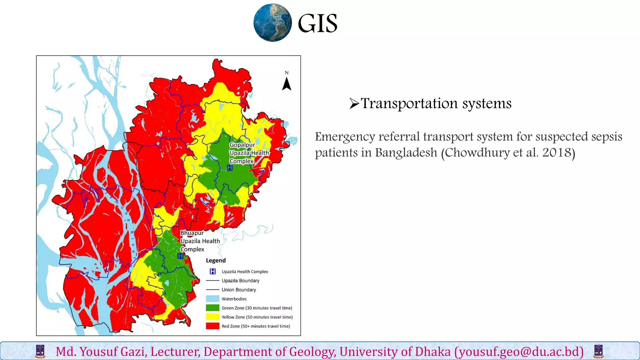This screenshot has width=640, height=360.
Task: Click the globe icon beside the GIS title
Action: click(x=272, y=23)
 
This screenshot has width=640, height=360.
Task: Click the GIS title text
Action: click(x=317, y=23)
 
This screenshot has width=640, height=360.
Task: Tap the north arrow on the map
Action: click(x=287, y=84)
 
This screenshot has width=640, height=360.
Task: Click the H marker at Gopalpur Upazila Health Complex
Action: click(x=230, y=168)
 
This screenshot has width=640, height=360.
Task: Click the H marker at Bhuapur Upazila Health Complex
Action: click(x=181, y=256)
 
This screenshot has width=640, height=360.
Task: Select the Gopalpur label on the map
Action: click(x=242, y=145)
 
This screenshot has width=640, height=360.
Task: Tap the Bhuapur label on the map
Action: click(x=192, y=233)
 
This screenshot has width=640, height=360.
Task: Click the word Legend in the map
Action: click(x=216, y=260)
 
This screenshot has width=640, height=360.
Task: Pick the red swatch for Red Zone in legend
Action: click(x=212, y=326)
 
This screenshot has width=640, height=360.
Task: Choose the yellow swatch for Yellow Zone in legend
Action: click(x=212, y=317)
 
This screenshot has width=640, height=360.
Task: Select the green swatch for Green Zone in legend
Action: click(x=212, y=308)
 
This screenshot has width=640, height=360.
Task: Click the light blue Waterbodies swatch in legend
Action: click(x=212, y=299)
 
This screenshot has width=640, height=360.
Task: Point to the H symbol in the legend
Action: click(x=212, y=271)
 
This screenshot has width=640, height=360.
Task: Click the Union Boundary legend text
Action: click(x=239, y=290)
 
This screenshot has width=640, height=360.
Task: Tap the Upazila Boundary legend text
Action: click(x=240, y=281)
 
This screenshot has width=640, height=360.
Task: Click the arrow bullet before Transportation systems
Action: click(x=354, y=103)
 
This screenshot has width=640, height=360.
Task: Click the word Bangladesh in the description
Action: click(x=406, y=152)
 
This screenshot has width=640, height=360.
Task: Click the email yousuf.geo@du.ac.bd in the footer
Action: click(x=519, y=352)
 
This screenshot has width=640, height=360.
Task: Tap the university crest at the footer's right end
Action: click(x=598, y=351)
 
